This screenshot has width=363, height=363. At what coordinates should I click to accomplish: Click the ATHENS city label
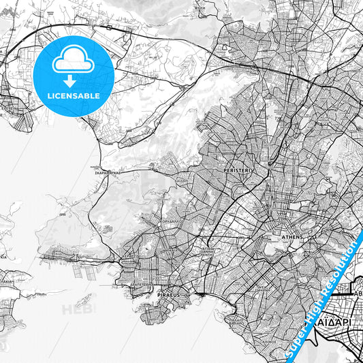pyautogui.click(x=291, y=237)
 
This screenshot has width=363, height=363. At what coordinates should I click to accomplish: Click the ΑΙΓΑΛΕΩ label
pyautogui.click(x=182, y=183)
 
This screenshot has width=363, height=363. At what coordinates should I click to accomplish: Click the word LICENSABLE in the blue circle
pyautogui.click(x=73, y=96)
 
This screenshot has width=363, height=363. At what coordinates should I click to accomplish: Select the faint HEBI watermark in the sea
pyautogui.click(x=79, y=310)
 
